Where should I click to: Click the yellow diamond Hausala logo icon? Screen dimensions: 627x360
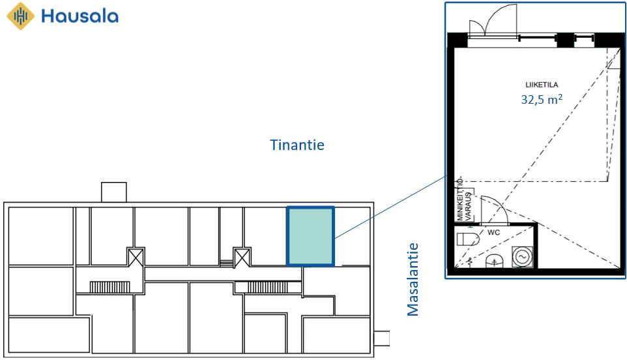tap(21, 16)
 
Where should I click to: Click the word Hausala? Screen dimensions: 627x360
tap(80, 16)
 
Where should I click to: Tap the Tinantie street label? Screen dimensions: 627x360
tap(297, 145)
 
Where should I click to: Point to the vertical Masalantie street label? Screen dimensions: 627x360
tap(413, 279)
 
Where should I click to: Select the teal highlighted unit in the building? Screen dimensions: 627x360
tap(310, 236)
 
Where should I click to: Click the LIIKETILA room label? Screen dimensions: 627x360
tap(542, 85)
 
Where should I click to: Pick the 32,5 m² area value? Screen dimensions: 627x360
tap(542, 98)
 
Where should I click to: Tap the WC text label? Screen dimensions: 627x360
tap(493, 232)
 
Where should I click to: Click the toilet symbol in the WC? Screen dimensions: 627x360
tap(468, 239)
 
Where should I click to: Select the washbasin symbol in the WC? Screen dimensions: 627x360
tap(495, 262)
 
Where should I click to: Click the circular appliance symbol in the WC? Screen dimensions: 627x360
tap(522, 256)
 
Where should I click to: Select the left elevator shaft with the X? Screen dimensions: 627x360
tap(136, 257)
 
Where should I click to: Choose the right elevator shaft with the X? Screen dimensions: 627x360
tap(242, 257)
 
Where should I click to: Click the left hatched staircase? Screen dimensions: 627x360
tap(109, 287)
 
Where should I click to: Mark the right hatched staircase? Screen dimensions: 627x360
tap(267, 287)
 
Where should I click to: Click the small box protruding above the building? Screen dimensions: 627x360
tap(113, 192)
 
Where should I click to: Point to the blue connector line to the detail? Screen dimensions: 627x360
tap(390, 207)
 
